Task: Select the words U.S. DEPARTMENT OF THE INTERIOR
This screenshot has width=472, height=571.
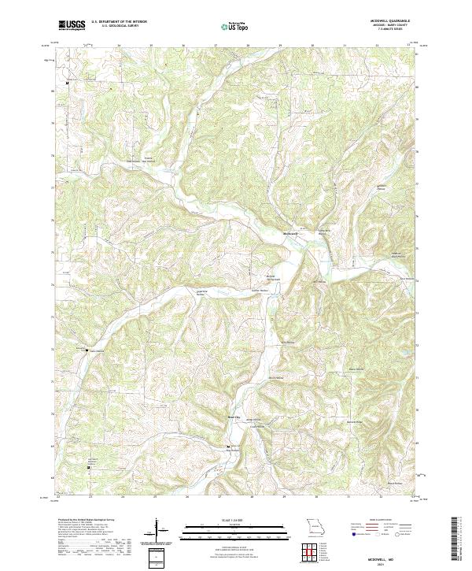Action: click(119, 21)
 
